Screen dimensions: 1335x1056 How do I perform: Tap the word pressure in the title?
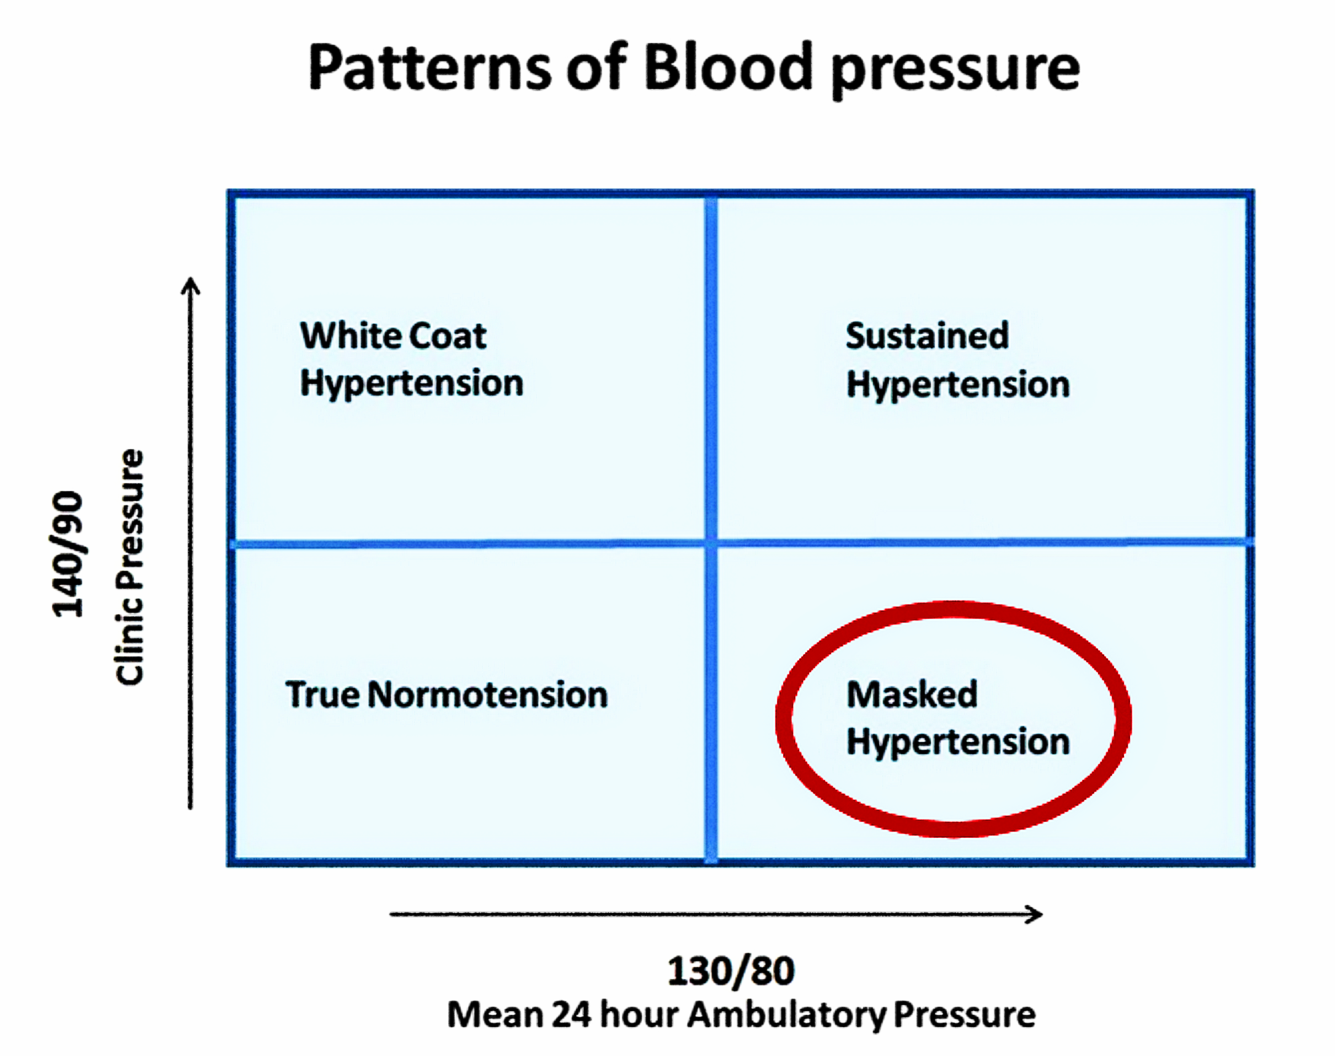(x=955, y=71)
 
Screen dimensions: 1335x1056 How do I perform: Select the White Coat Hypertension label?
(x=412, y=359)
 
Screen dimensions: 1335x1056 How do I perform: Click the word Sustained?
(x=927, y=336)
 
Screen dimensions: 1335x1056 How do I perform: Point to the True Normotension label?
(x=446, y=695)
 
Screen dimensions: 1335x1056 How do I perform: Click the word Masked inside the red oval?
(x=912, y=694)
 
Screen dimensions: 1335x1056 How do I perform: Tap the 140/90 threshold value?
(x=67, y=554)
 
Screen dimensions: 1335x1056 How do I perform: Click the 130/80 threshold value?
(x=731, y=971)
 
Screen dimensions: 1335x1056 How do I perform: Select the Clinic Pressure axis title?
(x=129, y=567)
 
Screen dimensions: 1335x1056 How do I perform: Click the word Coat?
(x=447, y=336)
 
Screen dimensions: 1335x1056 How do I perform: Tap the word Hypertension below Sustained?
(x=958, y=385)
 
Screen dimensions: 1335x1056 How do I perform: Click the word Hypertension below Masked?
(x=958, y=741)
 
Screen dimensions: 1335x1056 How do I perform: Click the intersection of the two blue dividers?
(x=711, y=543)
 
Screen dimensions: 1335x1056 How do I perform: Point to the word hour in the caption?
(x=639, y=1015)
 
